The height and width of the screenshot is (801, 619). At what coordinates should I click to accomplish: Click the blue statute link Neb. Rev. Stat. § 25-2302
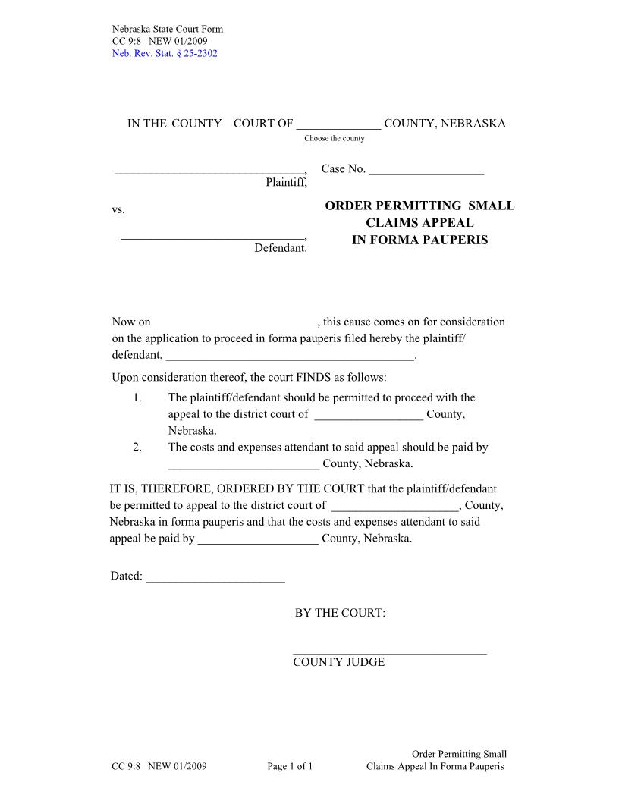click(165, 53)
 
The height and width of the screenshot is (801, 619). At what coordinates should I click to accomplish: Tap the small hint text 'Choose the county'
click(335, 138)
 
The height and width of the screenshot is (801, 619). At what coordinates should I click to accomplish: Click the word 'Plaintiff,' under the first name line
click(286, 182)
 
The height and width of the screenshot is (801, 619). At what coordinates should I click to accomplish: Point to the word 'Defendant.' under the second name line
click(281, 248)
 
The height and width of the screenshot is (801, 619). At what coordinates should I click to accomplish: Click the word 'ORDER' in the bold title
click(352, 206)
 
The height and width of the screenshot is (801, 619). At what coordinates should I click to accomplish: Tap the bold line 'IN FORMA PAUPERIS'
click(419, 240)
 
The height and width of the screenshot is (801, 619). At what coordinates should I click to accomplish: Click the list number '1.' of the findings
click(137, 397)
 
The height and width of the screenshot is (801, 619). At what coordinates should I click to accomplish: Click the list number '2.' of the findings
click(137, 448)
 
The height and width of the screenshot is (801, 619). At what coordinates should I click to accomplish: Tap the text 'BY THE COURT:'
click(340, 613)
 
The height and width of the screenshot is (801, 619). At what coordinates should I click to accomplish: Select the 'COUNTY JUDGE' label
click(339, 662)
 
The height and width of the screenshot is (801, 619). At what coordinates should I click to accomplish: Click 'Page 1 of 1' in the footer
click(291, 766)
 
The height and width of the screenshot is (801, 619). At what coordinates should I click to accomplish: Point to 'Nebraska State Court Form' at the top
click(168, 30)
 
